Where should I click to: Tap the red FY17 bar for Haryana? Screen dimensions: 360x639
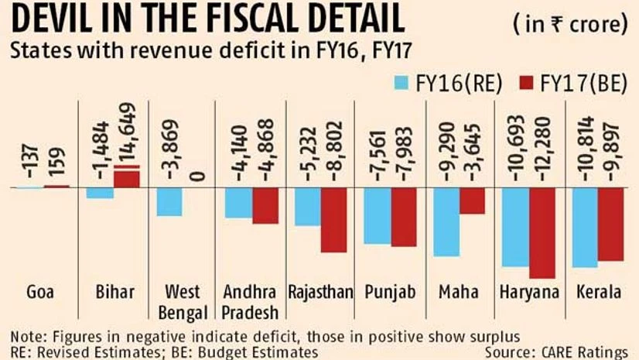[541, 232]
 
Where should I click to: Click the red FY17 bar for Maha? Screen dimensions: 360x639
[472, 201]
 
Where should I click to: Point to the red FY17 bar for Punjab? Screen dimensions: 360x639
[403, 217]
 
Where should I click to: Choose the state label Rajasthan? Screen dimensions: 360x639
[320, 293]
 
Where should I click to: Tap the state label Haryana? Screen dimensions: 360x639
[530, 293]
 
